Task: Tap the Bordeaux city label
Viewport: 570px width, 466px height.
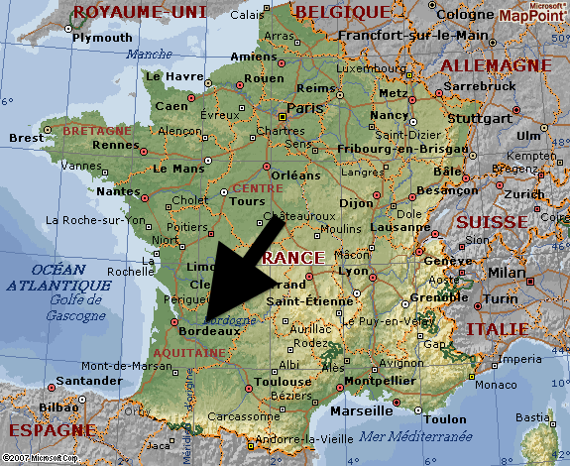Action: point(209,331)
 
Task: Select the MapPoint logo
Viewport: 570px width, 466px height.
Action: point(532,13)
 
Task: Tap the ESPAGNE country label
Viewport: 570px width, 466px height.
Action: point(50,430)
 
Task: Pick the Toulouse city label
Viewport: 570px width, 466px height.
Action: point(283,381)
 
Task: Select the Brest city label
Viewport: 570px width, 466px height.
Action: point(27,138)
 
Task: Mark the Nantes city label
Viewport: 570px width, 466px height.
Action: point(119,190)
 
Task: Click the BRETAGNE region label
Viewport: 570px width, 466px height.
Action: point(96,130)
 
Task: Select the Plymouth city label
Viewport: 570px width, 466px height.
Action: point(102,38)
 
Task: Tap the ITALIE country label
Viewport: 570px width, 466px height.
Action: point(522,327)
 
